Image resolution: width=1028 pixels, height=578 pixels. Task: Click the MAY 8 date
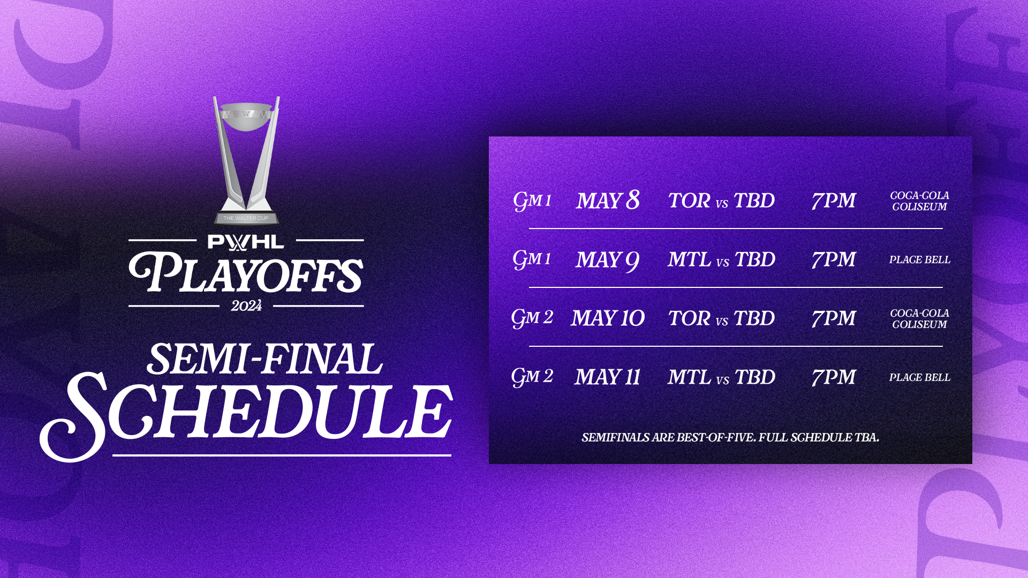tap(608, 201)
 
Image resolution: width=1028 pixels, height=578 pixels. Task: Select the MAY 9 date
tap(607, 260)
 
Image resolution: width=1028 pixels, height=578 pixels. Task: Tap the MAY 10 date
tap(608, 318)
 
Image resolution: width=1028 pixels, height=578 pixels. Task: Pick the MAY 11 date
tap(608, 377)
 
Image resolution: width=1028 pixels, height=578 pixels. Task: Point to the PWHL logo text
tap(246, 242)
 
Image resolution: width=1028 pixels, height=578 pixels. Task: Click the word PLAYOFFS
tap(246, 274)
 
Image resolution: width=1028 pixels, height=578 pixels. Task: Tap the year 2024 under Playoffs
tap(246, 306)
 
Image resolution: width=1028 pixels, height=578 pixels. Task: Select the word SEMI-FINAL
tap(265, 359)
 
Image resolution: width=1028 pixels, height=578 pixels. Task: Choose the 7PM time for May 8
tap(833, 201)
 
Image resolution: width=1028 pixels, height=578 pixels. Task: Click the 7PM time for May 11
tap(833, 377)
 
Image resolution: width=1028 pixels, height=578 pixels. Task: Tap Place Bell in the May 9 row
tap(919, 260)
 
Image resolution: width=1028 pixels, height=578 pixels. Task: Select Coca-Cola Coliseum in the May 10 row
tap(919, 318)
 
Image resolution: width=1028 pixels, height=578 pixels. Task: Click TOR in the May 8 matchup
tap(690, 201)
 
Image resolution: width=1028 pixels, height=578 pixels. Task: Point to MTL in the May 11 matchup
tap(690, 377)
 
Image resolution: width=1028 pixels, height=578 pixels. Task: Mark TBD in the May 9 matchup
tap(755, 260)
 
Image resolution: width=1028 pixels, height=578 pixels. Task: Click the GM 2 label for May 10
tap(532, 318)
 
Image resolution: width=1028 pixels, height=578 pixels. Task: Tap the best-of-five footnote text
tap(730, 438)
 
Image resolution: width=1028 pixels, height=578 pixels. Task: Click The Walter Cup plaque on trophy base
tap(246, 218)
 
